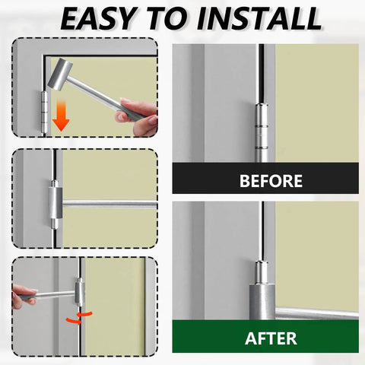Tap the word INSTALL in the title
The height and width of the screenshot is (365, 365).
[x=259, y=18]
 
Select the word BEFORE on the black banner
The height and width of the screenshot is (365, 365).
[x=271, y=181]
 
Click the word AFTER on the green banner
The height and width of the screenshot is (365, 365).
[x=271, y=338]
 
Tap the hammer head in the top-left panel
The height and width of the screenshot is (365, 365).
[x=60, y=74]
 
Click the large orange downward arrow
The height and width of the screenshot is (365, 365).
[x=61, y=116]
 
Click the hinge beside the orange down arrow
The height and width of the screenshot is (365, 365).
[x=44, y=113]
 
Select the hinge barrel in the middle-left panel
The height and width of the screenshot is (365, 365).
[x=56, y=203]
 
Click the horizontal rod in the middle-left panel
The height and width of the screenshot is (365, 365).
[x=109, y=204]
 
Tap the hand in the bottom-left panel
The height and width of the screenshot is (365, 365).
[x=24, y=296]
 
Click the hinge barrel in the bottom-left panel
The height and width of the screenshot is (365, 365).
[x=80, y=292]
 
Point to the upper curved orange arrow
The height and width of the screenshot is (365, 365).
[x=84, y=315]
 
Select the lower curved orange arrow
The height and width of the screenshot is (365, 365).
[x=74, y=321]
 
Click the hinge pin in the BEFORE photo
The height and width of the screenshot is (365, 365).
[x=262, y=132]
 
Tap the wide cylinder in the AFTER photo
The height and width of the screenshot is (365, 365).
[x=262, y=302]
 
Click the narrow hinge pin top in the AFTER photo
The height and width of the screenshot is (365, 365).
[x=262, y=272]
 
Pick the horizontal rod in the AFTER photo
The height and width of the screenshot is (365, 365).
[x=317, y=313]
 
